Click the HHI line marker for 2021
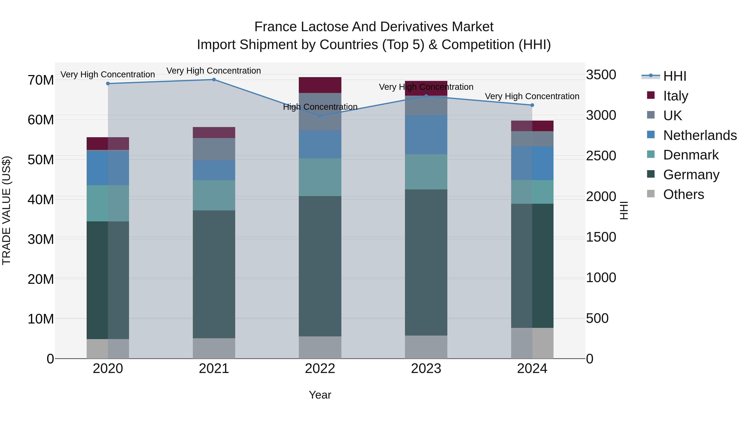pos(214,80)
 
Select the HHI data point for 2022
pos(320,116)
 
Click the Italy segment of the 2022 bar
pos(320,85)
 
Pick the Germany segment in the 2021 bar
pos(214,274)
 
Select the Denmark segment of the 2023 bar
pos(426,172)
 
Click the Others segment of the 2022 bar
pos(320,347)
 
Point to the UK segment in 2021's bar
pos(214,149)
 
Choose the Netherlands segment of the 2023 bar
pos(426,135)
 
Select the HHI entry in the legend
pos(674,76)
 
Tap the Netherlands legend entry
pos(700,135)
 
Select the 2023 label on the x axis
pos(426,369)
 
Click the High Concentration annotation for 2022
pos(320,107)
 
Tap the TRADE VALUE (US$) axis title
pos(6,210)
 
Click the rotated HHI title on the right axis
pos(624,210)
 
